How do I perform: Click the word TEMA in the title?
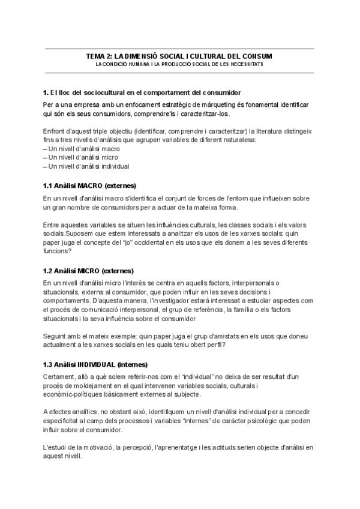(96, 56)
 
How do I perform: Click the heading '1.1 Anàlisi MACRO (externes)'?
(90, 185)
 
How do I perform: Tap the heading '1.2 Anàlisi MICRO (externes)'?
(89, 271)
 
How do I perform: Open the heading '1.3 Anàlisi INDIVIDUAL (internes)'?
(95, 364)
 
